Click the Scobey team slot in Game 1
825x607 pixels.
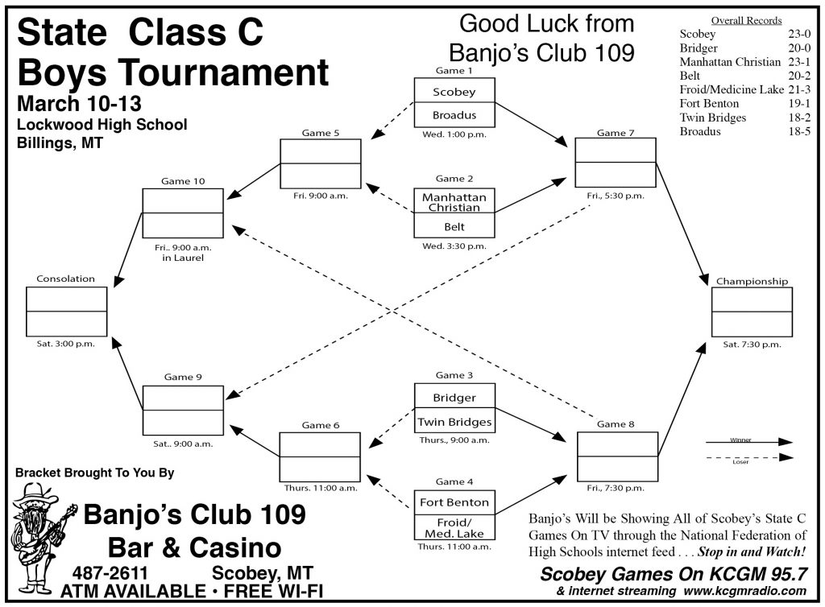(454, 92)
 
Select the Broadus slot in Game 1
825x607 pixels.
(454, 115)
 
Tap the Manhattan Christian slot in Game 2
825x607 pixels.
(454, 202)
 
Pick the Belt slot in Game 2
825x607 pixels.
(454, 227)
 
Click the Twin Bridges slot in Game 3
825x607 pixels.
(454, 422)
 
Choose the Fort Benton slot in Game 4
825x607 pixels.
(454, 502)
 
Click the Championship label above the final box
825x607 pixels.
(752, 282)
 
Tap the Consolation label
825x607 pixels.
(65, 279)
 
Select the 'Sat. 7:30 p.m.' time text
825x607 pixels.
(752, 344)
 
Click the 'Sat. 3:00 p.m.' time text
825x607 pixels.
(65, 343)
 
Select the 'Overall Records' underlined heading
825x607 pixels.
(746, 20)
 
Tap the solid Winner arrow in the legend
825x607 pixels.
(748, 442)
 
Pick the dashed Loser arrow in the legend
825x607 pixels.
(748, 457)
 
